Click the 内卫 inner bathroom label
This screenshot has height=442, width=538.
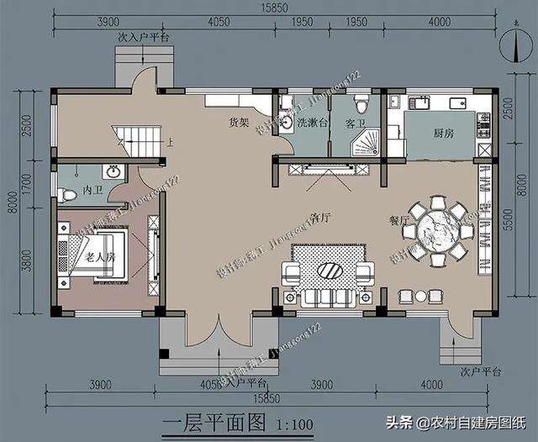pyautogui.click(x=92, y=192)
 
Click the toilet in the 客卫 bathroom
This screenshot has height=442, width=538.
pyautogui.click(x=361, y=104)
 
